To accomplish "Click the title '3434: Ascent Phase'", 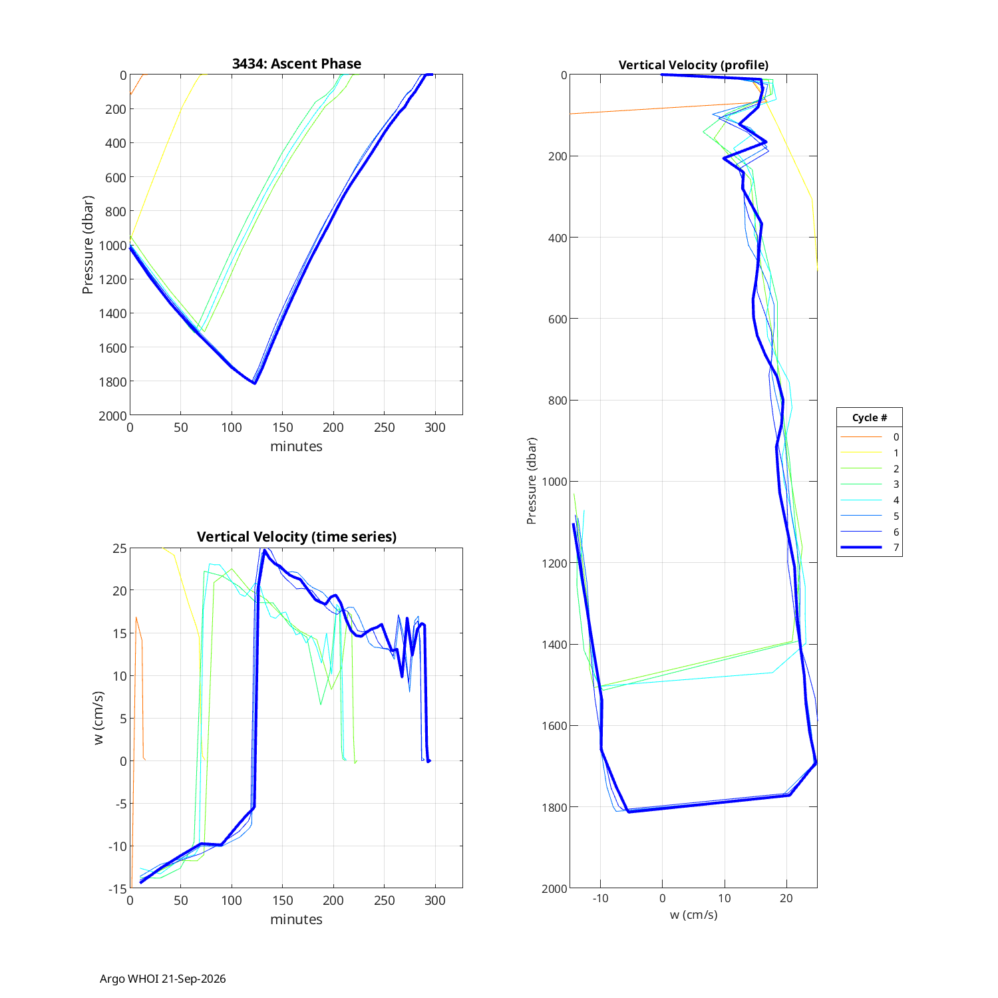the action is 296,64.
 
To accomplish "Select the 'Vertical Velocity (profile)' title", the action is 693,65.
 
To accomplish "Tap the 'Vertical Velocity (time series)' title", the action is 296,537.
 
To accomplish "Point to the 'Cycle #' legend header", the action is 870,418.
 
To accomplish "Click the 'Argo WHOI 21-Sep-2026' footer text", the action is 163,979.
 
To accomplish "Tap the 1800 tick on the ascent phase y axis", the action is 114,382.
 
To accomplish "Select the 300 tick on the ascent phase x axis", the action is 435,427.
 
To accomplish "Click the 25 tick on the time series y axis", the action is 120,548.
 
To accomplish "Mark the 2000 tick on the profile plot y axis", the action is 555,889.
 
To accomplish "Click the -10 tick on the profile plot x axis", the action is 600,899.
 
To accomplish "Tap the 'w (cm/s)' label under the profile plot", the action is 693,915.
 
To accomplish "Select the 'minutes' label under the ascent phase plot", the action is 296,446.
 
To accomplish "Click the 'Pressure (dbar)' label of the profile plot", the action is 531,481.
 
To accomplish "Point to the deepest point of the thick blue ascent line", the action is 255,383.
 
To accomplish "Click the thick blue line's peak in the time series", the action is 265,550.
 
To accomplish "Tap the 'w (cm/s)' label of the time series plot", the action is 99,718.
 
